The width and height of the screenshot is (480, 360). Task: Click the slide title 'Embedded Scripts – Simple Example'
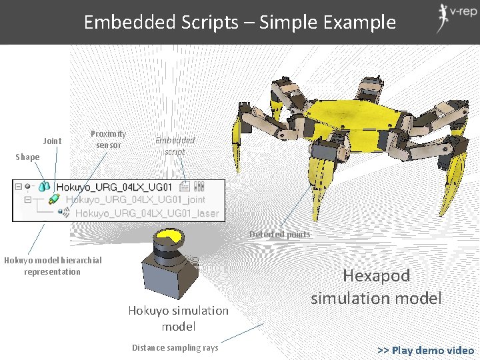[239, 22]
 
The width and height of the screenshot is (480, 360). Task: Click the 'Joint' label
[52, 141]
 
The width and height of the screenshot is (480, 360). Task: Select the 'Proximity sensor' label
[108, 139]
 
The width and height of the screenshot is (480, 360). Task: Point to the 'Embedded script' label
[175, 145]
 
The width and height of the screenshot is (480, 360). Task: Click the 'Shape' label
[27, 157]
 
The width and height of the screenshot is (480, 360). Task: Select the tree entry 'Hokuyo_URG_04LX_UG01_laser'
[147, 213]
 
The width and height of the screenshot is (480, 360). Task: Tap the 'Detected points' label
[279, 234]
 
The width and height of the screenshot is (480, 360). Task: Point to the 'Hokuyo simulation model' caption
[178, 318]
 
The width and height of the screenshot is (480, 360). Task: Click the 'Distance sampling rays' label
[175, 347]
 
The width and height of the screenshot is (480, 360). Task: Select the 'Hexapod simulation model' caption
[376, 287]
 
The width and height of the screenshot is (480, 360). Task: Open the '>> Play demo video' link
[425, 350]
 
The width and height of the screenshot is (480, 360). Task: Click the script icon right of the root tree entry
[185, 187]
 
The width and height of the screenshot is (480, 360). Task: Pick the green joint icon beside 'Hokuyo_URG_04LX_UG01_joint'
[54, 199]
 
